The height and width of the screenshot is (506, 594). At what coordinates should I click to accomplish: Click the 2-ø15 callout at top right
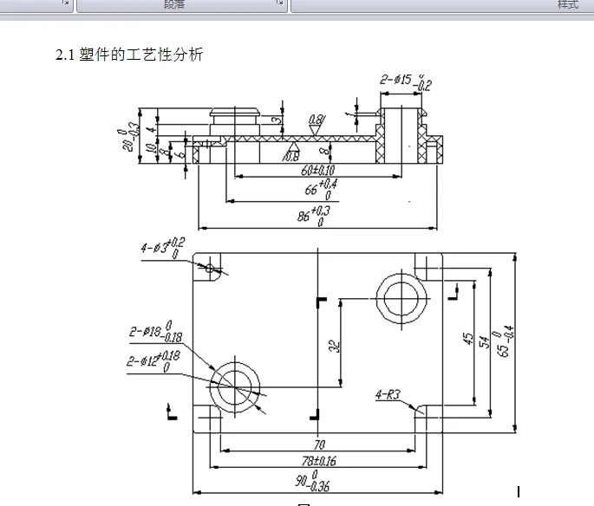[x=404, y=82]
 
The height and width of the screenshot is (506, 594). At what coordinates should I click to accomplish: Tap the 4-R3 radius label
[x=388, y=395]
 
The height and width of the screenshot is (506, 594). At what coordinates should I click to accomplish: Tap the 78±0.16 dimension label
[x=318, y=461]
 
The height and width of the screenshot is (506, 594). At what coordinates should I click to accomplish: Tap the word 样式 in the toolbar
[x=567, y=5]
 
